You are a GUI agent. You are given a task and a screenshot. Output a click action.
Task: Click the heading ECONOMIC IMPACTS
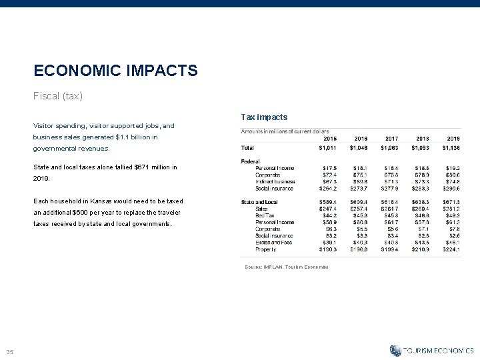click(x=115, y=70)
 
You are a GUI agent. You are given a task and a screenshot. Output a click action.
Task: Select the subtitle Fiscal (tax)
click(x=58, y=96)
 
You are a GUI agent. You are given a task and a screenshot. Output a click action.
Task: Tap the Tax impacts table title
click(x=264, y=117)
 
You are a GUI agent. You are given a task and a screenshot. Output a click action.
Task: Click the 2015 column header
click(x=329, y=138)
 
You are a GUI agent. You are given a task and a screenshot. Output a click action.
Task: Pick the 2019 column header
click(x=453, y=138)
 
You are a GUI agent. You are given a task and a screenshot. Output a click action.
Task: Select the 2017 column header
click(x=391, y=138)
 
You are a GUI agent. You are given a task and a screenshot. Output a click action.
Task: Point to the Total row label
click(x=247, y=147)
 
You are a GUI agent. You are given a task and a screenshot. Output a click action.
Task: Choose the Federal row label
click(x=251, y=161)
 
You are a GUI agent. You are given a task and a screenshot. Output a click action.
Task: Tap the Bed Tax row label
click(x=265, y=215)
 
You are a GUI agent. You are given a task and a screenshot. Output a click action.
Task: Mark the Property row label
click(x=266, y=249)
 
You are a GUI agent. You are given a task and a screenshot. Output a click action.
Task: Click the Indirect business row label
click(x=275, y=181)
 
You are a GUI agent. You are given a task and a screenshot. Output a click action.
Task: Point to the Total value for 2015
click(x=327, y=147)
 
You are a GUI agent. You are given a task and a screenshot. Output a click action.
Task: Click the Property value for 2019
click(x=451, y=249)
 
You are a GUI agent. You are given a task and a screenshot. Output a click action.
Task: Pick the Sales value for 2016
click(x=359, y=209)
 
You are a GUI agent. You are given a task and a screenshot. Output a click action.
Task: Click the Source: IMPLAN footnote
click(x=287, y=267)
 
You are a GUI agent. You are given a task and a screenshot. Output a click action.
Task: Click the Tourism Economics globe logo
click(x=395, y=350)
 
